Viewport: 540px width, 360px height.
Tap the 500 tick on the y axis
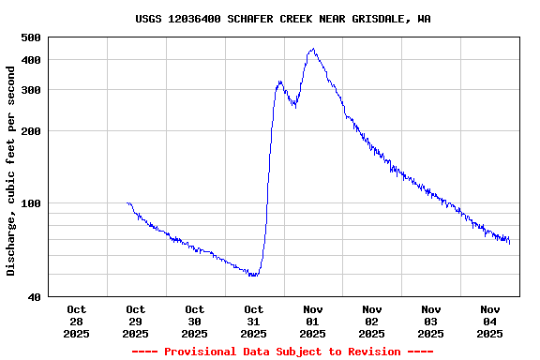click(x=31, y=37)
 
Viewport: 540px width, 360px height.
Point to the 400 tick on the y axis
click(x=31, y=60)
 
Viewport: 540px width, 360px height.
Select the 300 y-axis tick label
click(x=31, y=90)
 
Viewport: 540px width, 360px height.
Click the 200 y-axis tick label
click(x=31, y=131)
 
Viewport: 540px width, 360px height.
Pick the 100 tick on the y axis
click(x=31, y=203)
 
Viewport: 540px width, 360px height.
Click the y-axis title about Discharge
click(x=11, y=170)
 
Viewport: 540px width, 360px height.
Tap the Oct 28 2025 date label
click(x=77, y=321)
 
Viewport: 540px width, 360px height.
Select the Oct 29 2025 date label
click(x=136, y=321)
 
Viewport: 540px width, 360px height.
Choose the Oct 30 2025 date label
click(x=195, y=321)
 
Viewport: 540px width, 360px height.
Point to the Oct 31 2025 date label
click(x=254, y=321)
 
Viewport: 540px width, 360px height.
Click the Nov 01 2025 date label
click(x=313, y=321)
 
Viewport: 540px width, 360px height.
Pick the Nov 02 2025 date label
click(x=372, y=321)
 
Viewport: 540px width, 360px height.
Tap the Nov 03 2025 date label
click(x=431, y=321)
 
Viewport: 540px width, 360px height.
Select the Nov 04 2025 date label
click(x=490, y=321)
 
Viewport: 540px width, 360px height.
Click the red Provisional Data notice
click(x=282, y=352)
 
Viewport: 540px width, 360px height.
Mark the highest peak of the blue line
click(x=311, y=50)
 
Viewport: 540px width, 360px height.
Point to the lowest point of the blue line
click(x=253, y=275)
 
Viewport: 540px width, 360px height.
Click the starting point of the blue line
click(x=127, y=202)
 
